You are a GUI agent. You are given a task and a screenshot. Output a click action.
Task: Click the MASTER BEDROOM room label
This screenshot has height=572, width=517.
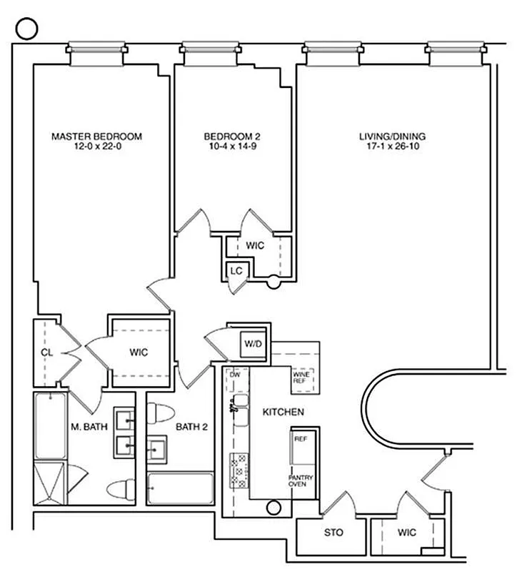(97, 136)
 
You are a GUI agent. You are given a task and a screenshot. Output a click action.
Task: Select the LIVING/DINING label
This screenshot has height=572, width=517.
(393, 136)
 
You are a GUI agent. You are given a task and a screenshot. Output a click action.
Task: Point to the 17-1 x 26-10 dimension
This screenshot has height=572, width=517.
(393, 147)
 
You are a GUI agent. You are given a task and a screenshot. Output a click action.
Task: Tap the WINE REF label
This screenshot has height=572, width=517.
(301, 377)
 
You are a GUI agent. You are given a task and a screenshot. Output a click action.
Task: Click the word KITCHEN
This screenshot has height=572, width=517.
(283, 413)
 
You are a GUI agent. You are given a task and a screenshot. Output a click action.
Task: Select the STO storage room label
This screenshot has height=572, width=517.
(333, 533)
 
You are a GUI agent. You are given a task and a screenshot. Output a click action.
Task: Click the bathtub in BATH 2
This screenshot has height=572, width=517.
(180, 488)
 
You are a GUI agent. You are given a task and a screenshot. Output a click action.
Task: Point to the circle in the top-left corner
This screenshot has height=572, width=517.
(26, 28)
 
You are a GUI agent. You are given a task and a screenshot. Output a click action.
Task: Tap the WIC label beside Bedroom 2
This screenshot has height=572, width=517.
(255, 245)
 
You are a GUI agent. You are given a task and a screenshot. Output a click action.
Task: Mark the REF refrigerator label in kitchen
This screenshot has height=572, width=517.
(300, 438)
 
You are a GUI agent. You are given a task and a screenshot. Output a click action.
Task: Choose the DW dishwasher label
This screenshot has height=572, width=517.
(234, 374)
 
